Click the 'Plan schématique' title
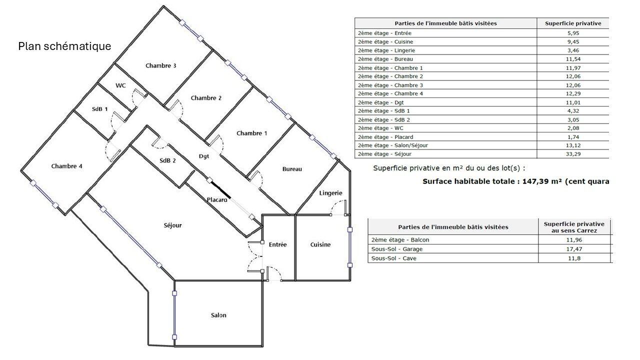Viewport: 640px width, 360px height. coord(64,46)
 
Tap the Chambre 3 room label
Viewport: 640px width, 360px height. coord(161,65)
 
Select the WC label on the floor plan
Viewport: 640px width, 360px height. coord(120,85)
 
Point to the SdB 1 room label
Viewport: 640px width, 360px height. coord(99,109)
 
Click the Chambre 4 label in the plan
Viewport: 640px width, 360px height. coord(67,166)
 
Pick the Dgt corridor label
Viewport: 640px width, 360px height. coord(204,156)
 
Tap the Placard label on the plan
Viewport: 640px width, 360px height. coord(217,199)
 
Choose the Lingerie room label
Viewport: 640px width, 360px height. coord(330,193)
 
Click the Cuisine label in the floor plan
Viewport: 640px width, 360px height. coord(320,244)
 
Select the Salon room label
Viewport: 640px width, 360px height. coord(218,315)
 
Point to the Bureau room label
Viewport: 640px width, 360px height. coord(292,169)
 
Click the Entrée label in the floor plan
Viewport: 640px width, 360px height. coord(277,244)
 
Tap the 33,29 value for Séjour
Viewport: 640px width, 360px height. coord(573,154)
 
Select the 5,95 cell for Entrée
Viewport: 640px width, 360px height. coord(573,33)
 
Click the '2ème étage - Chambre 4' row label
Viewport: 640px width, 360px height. coord(390,93)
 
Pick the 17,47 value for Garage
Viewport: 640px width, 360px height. coord(574,249)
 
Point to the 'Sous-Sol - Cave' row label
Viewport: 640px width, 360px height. coord(393,258)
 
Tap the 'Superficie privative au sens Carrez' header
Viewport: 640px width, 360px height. coord(574,227)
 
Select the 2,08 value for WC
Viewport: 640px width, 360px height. coord(573,128)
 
